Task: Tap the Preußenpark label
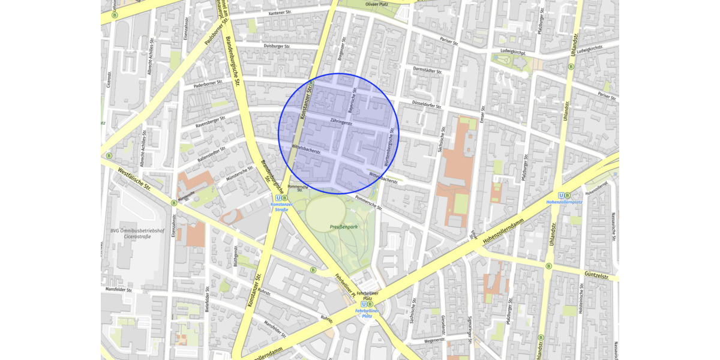coord(344,227)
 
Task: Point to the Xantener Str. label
coord(285,12)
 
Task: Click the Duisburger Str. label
coord(277,46)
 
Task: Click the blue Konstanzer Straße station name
coord(282,207)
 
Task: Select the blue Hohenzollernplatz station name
coord(564,203)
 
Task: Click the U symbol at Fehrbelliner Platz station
coord(362,304)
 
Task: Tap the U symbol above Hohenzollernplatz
coord(561,195)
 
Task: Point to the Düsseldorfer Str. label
coord(426,104)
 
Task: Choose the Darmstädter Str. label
coord(427,70)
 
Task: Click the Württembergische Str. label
coord(391,147)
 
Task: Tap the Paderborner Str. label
coord(208,85)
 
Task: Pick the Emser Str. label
coord(482,122)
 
